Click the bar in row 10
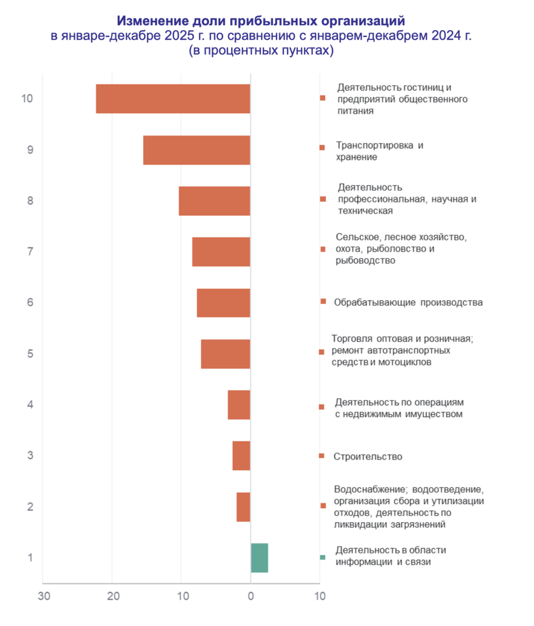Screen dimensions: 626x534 tap(173, 99)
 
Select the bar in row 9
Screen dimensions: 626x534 tap(196, 150)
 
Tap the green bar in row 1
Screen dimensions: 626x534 tap(259, 557)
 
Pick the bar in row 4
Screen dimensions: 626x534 tap(239, 404)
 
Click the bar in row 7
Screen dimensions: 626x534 tap(221, 251)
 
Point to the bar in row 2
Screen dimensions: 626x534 tap(243, 506)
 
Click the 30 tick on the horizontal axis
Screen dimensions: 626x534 tap(44, 596)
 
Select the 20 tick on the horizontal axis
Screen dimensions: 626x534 tap(113, 596)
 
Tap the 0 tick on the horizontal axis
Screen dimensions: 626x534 tap(251, 596)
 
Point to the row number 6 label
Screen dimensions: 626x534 tap(30, 302)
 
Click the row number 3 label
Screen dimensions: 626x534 tap(30, 455)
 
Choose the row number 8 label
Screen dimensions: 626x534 tap(30, 200)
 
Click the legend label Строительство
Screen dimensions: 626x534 tap(368, 456)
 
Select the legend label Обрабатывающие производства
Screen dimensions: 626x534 tap(408, 303)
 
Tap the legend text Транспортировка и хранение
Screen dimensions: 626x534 tap(379, 151)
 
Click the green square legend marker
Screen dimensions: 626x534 tap(322, 557)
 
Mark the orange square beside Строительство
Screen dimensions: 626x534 tap(321, 456)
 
